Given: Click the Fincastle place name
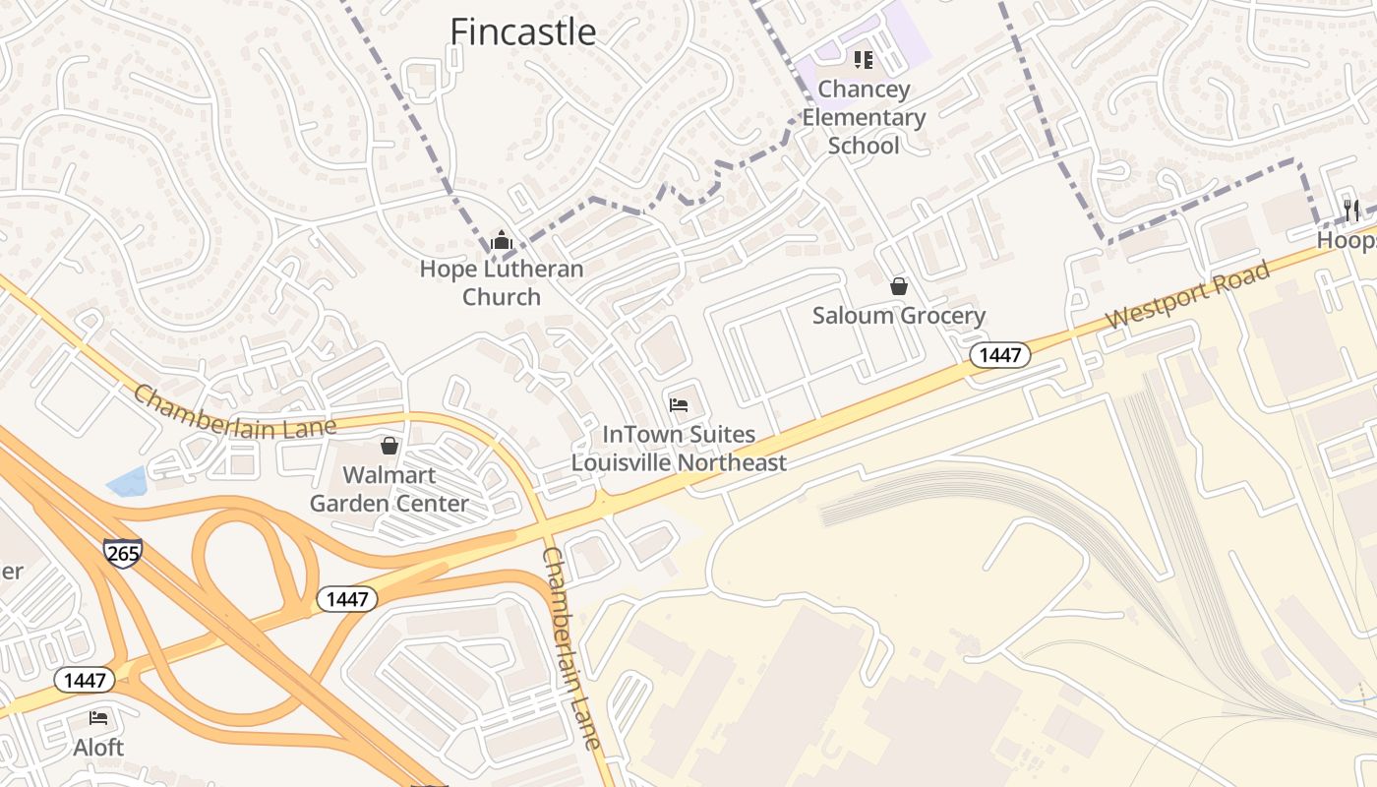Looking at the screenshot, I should click(x=522, y=31).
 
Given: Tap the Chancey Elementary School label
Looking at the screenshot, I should click(x=864, y=117).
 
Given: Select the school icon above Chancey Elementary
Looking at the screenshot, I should click(x=864, y=60).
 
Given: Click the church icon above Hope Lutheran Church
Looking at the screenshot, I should click(x=502, y=240).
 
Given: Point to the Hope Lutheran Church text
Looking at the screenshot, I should click(x=502, y=282).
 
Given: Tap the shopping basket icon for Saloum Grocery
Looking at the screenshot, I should click(x=899, y=286).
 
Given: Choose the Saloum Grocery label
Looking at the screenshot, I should click(x=899, y=316).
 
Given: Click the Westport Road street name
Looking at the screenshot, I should click(x=1187, y=295).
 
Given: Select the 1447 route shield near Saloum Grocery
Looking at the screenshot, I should click(x=1000, y=355).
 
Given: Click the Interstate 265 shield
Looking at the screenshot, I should click(x=123, y=553).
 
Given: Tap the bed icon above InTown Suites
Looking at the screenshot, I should click(x=679, y=404).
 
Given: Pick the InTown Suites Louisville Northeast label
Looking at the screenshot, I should click(x=679, y=449).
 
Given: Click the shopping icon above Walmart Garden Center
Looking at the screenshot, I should click(x=389, y=446).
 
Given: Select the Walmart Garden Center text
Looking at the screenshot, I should click(x=389, y=489).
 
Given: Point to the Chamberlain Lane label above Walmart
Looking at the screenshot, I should click(x=234, y=411).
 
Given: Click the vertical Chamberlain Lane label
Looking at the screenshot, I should click(x=571, y=649).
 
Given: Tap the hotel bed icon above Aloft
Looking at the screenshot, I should click(x=98, y=718).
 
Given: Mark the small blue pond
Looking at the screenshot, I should click(x=127, y=481).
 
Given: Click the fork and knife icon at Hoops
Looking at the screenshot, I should click(x=1351, y=210).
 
